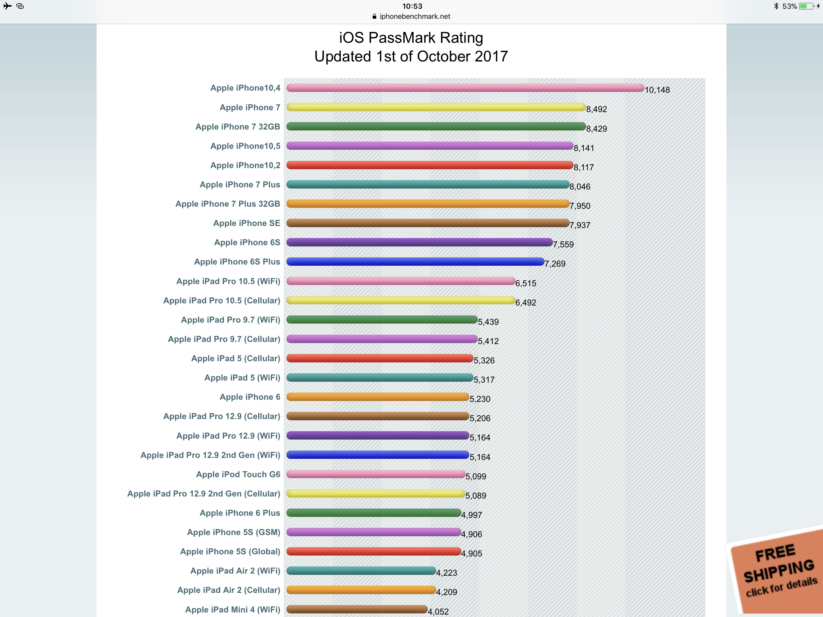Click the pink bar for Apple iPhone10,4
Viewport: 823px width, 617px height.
465,88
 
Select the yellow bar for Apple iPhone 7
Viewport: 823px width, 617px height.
436,107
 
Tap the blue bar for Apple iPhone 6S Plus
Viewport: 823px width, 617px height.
415,262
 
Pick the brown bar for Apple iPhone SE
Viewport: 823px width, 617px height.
427,223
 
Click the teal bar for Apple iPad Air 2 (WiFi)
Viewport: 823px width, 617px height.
361,571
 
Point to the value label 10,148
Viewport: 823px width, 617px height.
657,90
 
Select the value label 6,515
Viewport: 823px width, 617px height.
525,283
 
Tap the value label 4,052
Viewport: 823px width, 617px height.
438,611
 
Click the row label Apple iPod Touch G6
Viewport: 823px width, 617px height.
238,474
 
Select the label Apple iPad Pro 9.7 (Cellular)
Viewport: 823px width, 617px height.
224,339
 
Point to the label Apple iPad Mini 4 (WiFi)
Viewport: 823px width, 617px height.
233,609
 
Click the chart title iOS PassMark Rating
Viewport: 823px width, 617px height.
411,38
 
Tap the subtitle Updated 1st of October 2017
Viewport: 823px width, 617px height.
411,57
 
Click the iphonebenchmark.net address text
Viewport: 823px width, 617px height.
415,16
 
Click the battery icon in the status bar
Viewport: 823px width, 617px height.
806,6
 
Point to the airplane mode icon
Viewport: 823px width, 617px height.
8,6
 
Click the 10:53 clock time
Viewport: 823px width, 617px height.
412,6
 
